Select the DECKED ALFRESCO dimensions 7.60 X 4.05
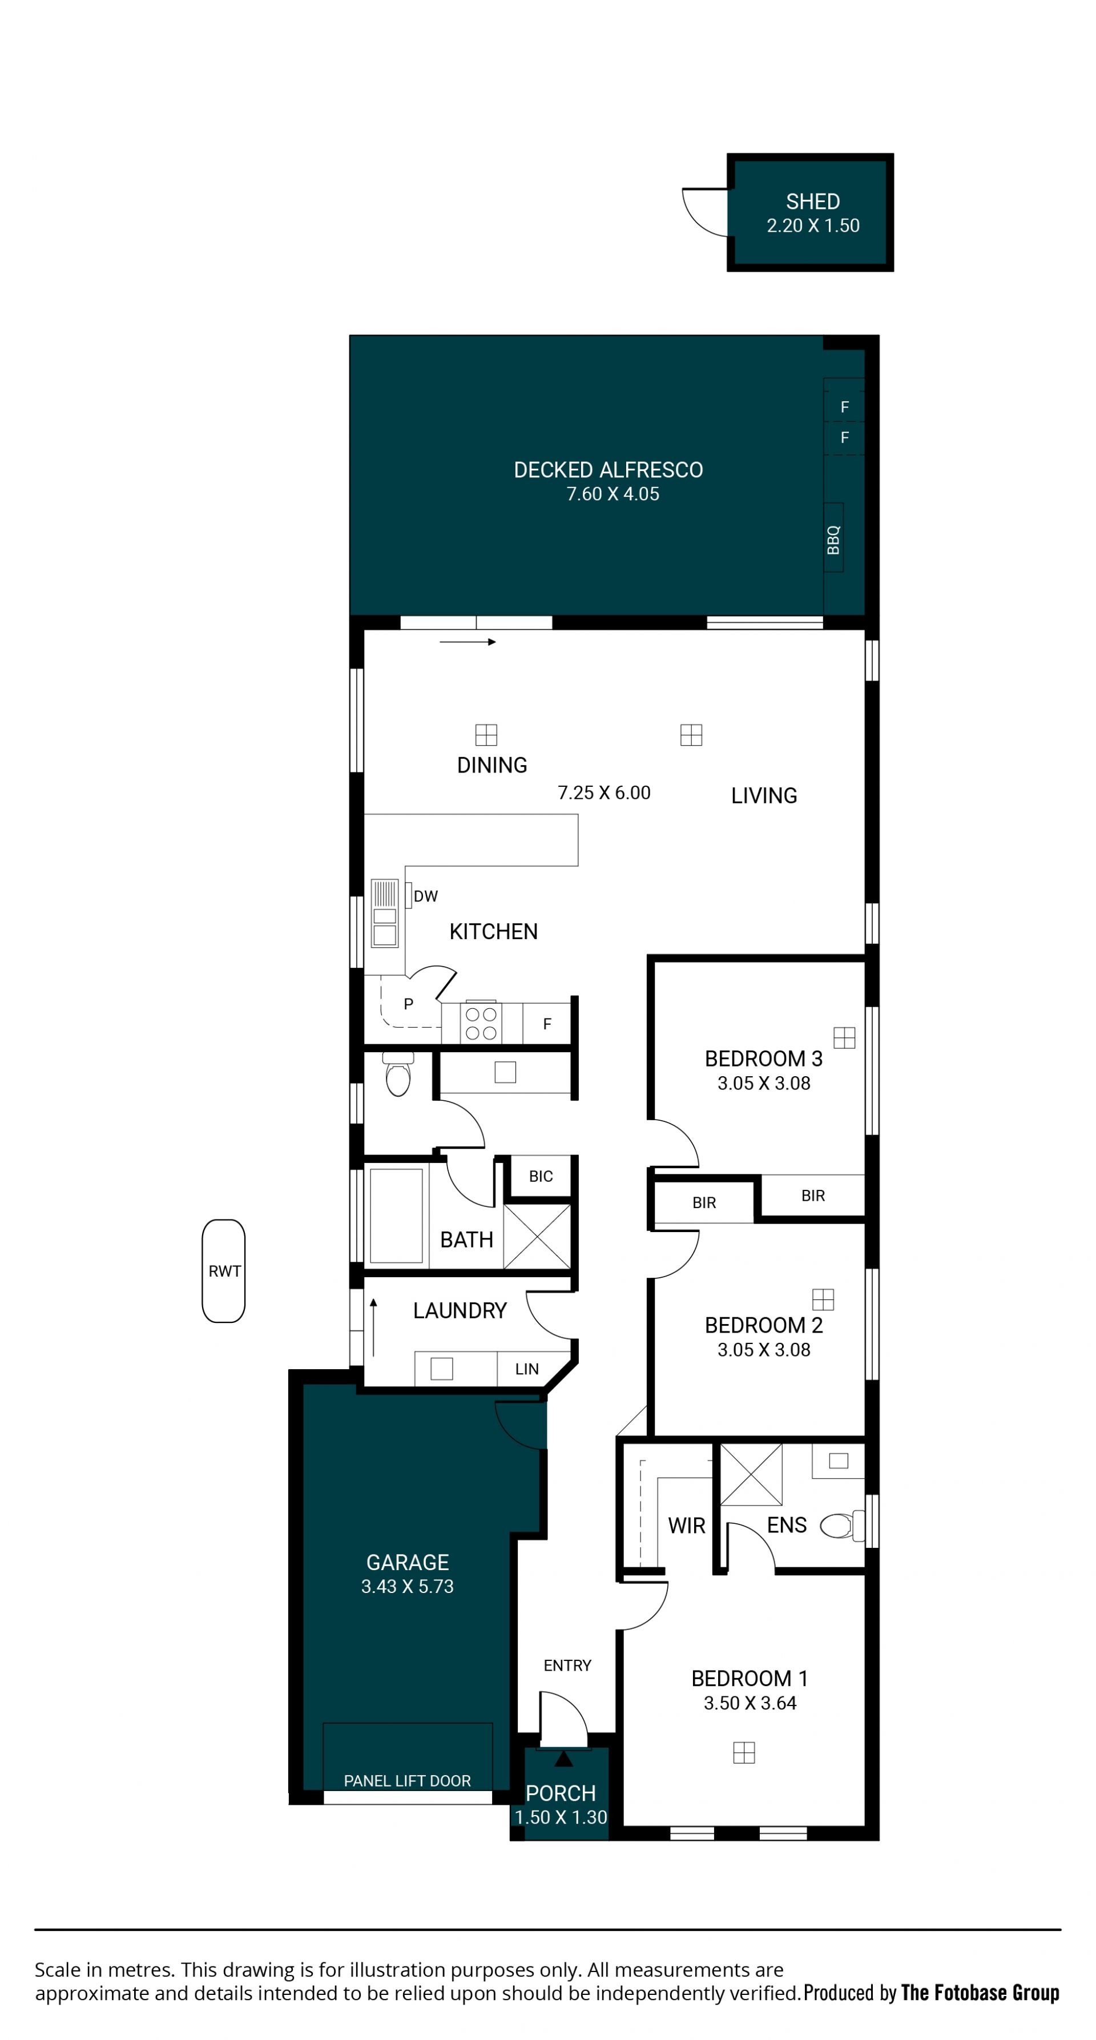612,494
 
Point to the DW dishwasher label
425,896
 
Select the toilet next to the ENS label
842,1525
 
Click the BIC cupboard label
541,1177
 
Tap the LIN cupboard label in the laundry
527,1369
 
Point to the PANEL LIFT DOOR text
407,1781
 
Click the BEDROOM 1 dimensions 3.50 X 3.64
750,1704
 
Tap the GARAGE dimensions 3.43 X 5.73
407,1586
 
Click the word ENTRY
567,1665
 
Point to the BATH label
466,1240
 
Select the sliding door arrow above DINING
467,641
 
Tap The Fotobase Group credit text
980,1993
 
